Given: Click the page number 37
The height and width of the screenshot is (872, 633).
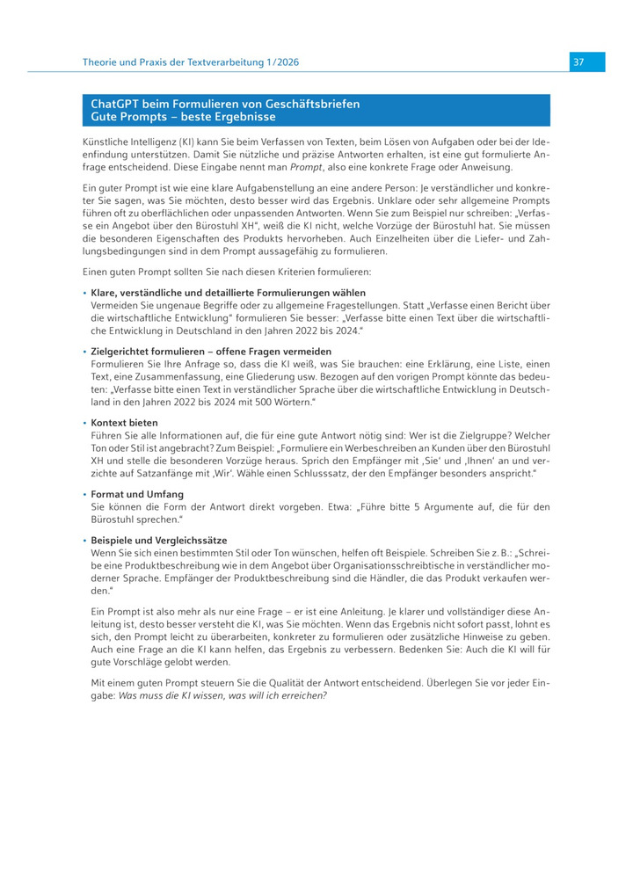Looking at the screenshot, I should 578,62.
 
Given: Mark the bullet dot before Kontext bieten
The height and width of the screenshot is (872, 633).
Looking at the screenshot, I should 84,423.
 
